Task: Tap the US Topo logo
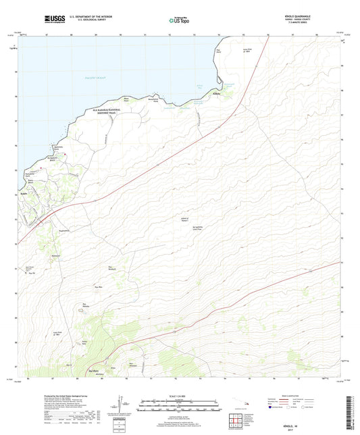click(176, 21)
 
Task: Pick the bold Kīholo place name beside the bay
click(217, 95)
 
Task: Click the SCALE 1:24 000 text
click(179, 395)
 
